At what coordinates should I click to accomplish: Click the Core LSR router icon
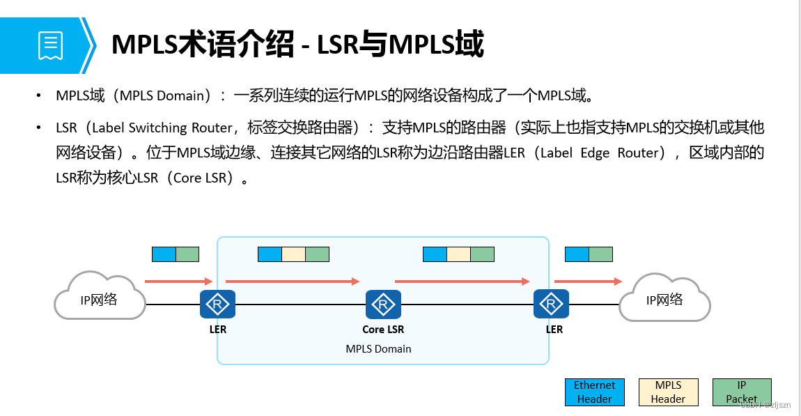383,305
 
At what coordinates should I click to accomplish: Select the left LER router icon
217,305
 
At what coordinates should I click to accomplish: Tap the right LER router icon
552,305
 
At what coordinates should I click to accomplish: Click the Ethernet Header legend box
594,392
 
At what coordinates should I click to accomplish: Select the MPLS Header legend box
668,392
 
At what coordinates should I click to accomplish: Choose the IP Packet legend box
741,392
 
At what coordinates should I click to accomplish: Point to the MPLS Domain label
378,348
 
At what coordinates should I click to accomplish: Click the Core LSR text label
383,330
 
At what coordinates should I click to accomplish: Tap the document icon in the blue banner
50,45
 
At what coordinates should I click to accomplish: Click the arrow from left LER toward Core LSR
293,282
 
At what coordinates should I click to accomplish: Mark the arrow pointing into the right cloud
588,282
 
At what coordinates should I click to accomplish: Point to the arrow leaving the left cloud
178,282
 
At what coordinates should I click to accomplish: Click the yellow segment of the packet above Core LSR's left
293,254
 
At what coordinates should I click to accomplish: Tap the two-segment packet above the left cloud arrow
176,254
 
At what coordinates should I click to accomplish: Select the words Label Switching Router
162,128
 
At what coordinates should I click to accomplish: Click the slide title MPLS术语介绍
202,45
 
